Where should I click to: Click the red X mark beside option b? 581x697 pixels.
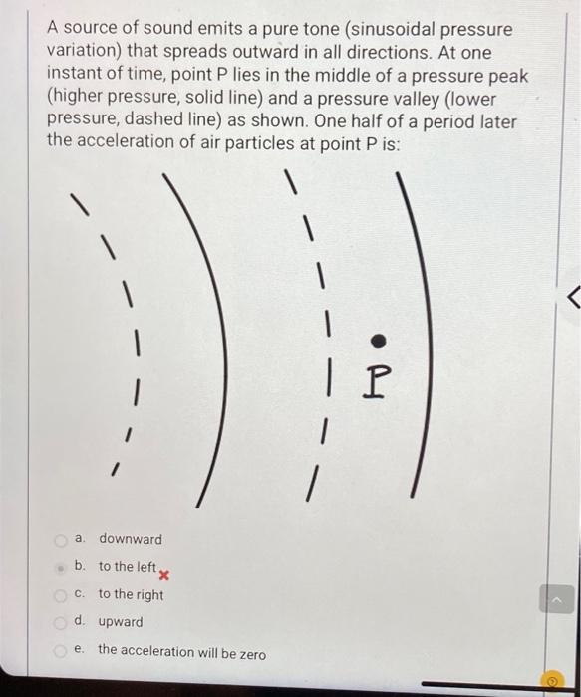(165, 575)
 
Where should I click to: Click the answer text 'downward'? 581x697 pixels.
(130, 540)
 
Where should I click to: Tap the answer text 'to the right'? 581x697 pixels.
(131, 594)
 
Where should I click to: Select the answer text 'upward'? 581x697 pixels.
(120, 622)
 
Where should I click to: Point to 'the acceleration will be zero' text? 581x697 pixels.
(181, 652)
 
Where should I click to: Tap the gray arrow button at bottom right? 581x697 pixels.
(556, 599)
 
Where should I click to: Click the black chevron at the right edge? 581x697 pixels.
(571, 295)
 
